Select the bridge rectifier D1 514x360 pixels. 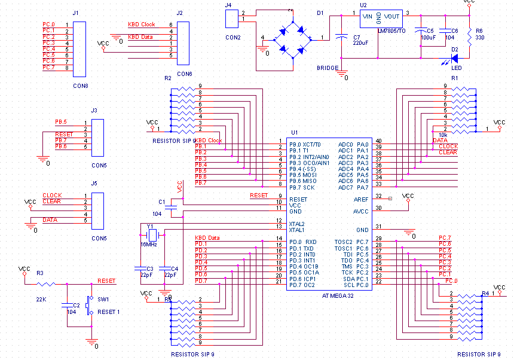point(292,38)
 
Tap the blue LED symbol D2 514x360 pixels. point(453,58)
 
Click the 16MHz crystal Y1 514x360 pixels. point(152,234)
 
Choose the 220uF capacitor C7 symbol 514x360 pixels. point(342,36)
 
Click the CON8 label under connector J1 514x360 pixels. point(80,86)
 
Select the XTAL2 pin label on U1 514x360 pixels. point(297,224)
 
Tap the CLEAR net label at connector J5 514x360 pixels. point(51,202)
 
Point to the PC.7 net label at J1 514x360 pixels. point(48,68)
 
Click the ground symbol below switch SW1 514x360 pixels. point(91,341)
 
